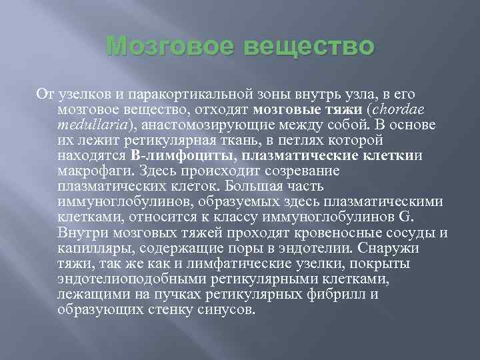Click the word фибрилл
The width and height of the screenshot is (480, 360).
click(x=339, y=294)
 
